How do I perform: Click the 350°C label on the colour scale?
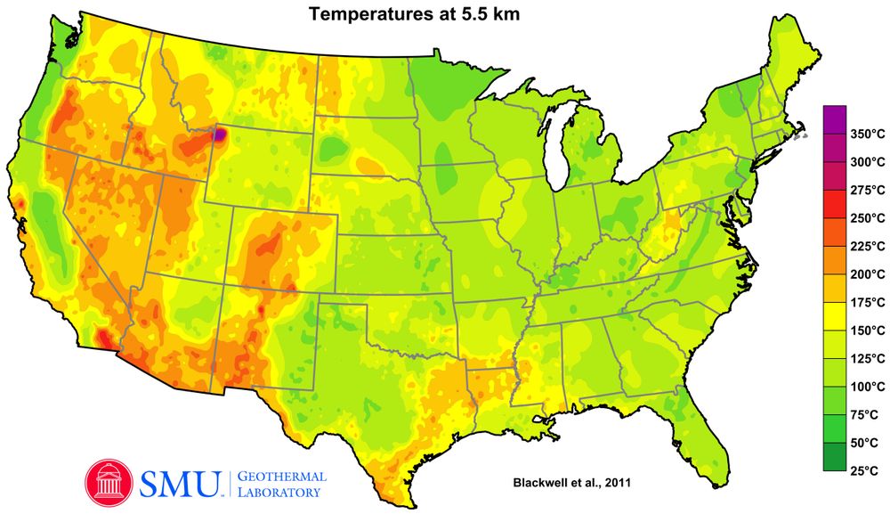(867, 135)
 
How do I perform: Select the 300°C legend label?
(867, 162)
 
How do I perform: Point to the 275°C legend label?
(867, 190)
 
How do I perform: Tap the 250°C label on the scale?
(867, 218)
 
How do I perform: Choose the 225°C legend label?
(867, 246)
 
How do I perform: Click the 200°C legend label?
(867, 274)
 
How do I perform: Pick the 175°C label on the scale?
(867, 302)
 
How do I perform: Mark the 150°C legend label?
(867, 330)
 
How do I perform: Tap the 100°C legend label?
(867, 387)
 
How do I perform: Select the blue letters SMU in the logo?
(181, 482)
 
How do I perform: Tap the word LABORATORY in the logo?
(281, 492)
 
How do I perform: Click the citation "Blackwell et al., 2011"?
(570, 482)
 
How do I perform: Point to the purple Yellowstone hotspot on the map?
(220, 135)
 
